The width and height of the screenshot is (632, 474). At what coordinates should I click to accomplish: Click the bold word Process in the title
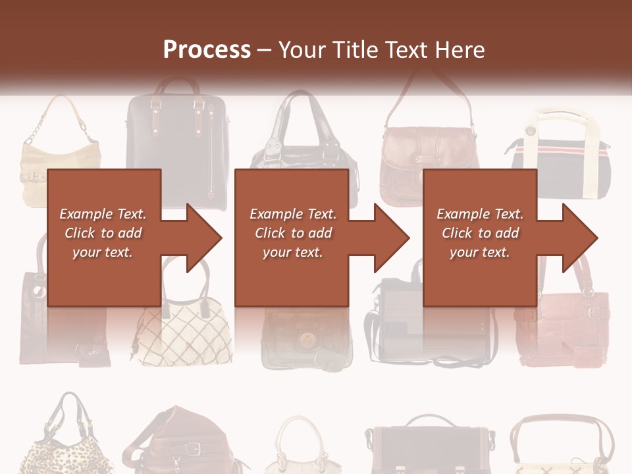207,49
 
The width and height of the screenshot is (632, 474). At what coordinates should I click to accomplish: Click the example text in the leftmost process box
103,233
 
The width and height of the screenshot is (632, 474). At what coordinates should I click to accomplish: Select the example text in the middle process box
293,233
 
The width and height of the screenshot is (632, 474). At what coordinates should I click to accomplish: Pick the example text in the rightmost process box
480,233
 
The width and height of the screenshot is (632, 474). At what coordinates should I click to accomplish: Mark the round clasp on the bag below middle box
305,340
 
